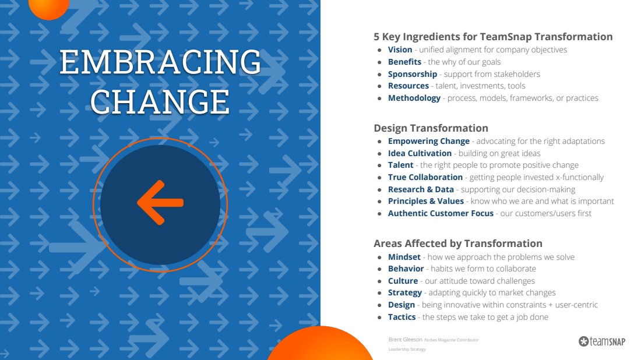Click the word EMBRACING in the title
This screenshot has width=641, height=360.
pos(160,62)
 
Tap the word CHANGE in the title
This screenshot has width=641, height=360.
pos(160,102)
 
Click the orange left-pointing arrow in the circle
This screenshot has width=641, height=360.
pos(160,202)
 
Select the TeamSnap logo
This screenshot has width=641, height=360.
pos(602,341)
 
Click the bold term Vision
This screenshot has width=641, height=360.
pos(400,50)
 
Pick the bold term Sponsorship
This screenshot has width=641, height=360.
pos(413,75)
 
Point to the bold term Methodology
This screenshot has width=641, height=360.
pos(414,98)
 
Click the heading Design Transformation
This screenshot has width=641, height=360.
pos(431,128)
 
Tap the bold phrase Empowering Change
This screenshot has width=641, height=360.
pos(429,142)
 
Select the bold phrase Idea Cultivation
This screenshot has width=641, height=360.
pos(420,153)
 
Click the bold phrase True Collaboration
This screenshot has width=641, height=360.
pos(425,177)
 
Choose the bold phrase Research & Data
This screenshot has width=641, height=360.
pos(421,189)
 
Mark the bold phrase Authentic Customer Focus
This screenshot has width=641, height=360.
pos(441,213)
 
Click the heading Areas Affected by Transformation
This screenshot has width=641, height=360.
pos(458,243)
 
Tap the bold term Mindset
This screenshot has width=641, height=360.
pos(404,257)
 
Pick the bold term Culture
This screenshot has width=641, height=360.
pos(403,281)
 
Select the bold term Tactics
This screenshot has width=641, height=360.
pos(402,317)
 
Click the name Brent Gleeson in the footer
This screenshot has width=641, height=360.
pos(405,340)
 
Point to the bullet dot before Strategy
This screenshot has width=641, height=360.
pos(380,294)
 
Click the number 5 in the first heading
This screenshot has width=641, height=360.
pos(376,37)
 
